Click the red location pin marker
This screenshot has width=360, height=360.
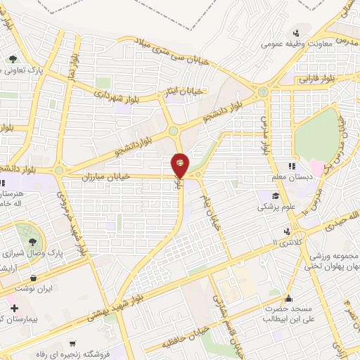coord(181,165)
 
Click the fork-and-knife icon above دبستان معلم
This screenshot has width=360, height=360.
coord(289,165)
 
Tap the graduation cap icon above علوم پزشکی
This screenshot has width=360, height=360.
coord(277,196)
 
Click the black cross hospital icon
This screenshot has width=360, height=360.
coord(13,308)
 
